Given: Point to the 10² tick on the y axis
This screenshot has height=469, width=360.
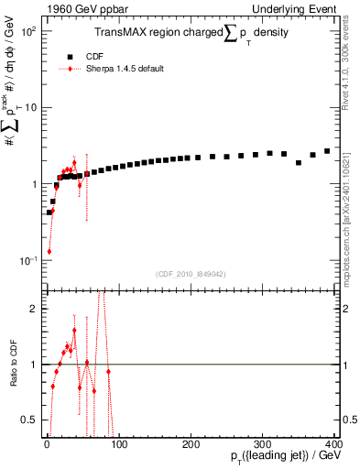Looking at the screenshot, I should point(27,31).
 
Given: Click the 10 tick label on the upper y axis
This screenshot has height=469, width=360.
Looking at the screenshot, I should point(29,108).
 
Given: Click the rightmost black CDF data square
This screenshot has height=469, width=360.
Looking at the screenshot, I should point(327,151).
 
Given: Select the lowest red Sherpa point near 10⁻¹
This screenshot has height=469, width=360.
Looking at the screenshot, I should point(49,251).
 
